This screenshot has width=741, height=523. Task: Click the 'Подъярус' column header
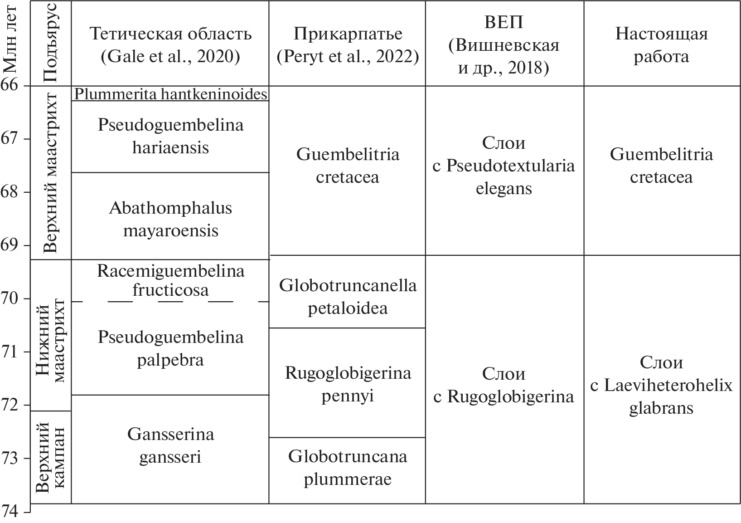coord(50,42)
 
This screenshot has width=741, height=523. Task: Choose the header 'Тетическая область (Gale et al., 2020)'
coord(170,45)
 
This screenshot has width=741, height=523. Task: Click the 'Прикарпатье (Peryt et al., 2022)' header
coord(348,45)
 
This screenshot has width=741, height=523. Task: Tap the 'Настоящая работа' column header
coord(661,45)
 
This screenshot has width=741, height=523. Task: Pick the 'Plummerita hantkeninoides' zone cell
coord(170,94)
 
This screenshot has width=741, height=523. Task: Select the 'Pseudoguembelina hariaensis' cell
coord(170,136)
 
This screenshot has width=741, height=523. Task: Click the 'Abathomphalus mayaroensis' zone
coord(170,220)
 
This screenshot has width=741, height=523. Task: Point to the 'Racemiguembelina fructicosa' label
coord(170,280)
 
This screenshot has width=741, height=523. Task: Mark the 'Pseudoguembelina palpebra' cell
coord(170,348)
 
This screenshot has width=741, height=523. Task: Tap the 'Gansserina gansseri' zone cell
coord(170,445)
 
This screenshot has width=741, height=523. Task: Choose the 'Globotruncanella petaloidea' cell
coord(348,297)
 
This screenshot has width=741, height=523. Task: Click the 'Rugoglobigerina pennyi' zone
coord(348,384)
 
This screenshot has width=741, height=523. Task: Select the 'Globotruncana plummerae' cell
coord(348,468)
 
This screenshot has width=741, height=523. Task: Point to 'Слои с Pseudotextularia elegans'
coord(504,166)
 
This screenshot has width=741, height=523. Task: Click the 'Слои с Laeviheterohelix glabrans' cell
coord(661,385)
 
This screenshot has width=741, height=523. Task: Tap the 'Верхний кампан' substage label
coord(50,456)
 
